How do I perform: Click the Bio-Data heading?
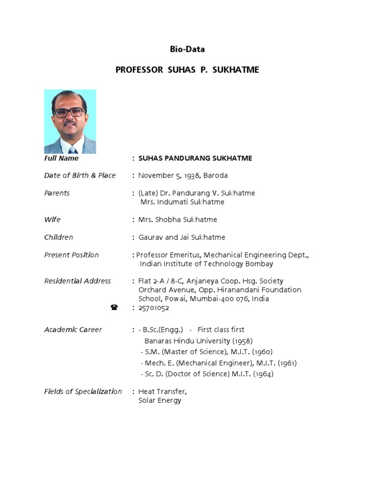(x=187, y=49)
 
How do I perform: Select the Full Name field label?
(x=62, y=159)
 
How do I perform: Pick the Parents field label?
(x=57, y=193)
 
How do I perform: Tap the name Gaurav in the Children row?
(x=150, y=237)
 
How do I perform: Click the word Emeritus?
(x=185, y=255)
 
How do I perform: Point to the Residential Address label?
(x=77, y=281)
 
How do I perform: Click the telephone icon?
(x=114, y=308)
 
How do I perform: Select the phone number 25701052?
(x=154, y=308)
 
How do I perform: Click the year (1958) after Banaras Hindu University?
(x=242, y=341)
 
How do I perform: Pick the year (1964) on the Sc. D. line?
(x=263, y=374)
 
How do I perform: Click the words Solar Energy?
(x=160, y=401)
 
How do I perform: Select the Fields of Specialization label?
(x=83, y=391)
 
